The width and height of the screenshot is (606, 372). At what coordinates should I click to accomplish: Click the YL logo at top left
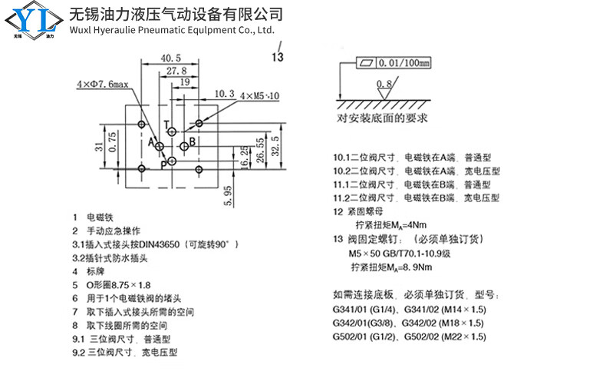coord(34,21)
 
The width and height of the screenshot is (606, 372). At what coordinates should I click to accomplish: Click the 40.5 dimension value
coord(170,58)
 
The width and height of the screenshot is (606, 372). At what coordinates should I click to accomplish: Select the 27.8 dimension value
coord(176,71)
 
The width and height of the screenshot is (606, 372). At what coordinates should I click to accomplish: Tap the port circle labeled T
coord(172,132)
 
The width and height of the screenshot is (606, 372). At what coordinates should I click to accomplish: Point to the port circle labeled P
coord(172,161)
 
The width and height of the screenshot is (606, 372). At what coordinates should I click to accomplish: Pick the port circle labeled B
coord(184,146)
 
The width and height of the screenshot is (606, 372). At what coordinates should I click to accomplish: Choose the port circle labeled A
coord(160,146)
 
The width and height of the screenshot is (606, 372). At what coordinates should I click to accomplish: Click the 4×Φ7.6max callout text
coord(103,84)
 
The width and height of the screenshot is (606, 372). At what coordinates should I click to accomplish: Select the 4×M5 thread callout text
coord(259,95)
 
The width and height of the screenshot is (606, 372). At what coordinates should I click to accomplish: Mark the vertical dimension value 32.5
coord(275,146)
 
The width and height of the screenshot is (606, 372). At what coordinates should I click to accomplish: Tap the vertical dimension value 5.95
coord(228,196)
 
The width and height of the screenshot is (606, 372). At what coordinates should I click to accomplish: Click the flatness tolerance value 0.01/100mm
coord(403,63)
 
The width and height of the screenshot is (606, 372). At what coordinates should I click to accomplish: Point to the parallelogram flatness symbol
coord(366,63)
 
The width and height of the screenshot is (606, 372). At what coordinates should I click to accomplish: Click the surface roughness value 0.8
coord(384,84)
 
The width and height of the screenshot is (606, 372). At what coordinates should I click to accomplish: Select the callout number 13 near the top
coord(277,57)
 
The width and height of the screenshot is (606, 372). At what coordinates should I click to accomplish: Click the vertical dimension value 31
coord(99,146)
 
